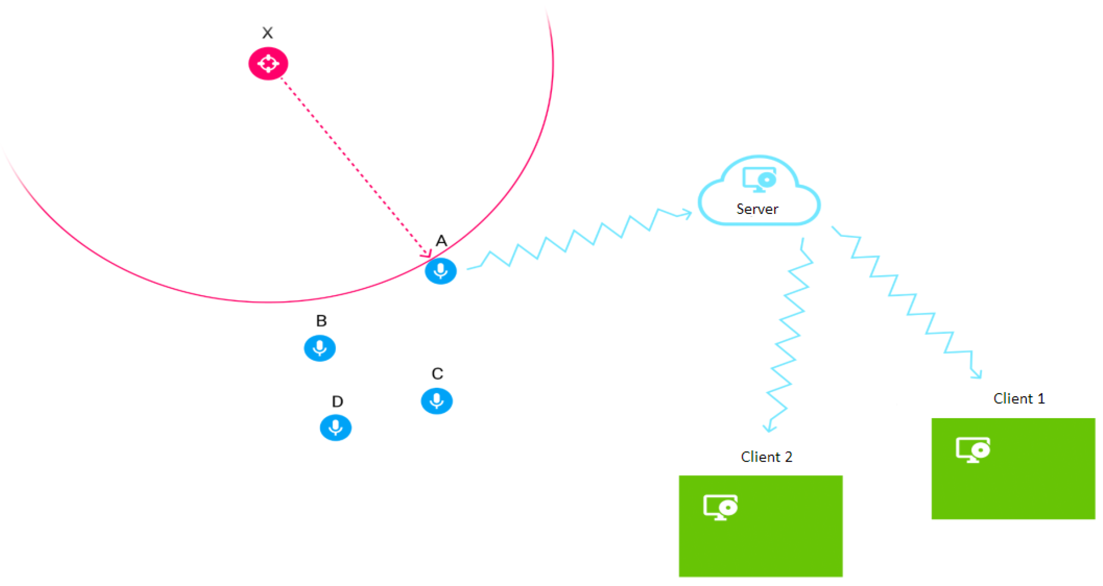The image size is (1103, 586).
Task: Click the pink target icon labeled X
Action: pos(268,63)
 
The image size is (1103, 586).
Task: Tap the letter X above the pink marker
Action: pos(268,33)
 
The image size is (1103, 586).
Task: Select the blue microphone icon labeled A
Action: pos(440,271)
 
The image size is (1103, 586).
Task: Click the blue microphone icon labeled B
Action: pos(320,348)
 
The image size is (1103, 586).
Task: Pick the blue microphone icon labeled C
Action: pos(436,401)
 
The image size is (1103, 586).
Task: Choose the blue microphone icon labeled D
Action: pos(336,428)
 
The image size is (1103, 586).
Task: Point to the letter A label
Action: pos(441,241)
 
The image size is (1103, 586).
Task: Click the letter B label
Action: pos(321,320)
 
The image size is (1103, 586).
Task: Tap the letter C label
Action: pos(437,374)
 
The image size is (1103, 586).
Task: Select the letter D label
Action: pos(337,402)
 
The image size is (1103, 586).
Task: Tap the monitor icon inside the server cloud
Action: pos(759,179)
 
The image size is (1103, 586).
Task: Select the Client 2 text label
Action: pos(766,457)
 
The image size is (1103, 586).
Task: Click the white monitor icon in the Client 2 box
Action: pos(720,507)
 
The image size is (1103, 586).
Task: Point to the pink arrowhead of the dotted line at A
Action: pos(427,253)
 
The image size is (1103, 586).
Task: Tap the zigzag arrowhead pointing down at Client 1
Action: pos(977,374)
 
